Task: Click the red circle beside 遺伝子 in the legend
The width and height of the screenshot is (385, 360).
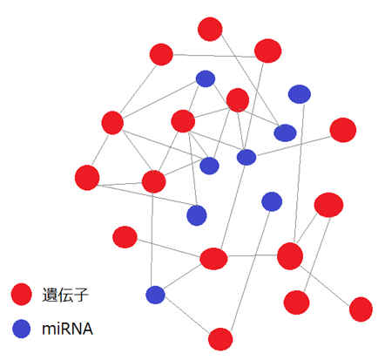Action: (21, 294)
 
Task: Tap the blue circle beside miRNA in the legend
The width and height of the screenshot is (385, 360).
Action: (22, 329)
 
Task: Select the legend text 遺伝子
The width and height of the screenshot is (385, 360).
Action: (65, 295)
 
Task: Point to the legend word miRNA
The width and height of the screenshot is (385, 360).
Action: (67, 329)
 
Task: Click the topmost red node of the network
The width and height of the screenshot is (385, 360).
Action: (210, 29)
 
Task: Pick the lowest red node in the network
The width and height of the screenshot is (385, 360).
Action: (220, 339)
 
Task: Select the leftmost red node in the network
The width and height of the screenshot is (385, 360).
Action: (87, 178)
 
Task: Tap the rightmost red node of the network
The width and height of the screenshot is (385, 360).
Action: (361, 309)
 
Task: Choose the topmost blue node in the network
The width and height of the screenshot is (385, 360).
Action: (206, 78)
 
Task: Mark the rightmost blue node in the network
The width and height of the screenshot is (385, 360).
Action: (300, 94)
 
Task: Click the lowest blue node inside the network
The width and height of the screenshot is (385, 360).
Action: (155, 295)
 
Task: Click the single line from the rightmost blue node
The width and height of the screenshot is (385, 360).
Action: (299, 173)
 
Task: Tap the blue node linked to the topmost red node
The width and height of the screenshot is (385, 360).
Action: (285, 132)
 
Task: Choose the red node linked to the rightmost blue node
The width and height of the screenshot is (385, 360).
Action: (290, 256)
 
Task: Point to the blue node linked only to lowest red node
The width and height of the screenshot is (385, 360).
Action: (272, 201)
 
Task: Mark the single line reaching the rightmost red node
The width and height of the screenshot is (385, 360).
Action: (325, 286)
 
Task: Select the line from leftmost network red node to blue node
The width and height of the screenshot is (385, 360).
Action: (147, 195)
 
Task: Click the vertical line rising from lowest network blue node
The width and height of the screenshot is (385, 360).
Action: (152, 240)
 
